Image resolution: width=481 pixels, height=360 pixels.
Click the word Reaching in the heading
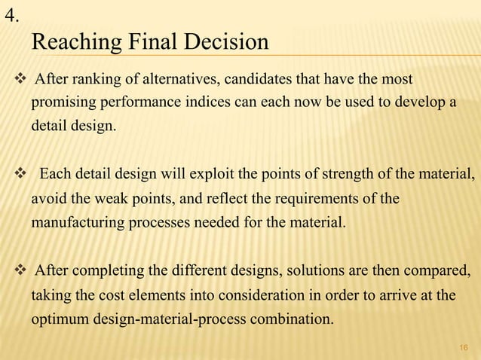tap(78, 42)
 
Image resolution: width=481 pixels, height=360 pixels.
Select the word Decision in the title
tap(225, 41)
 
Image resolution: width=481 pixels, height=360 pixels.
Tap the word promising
tap(62, 102)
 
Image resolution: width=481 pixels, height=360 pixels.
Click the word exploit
tap(228, 176)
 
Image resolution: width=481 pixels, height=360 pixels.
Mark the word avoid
tap(47, 200)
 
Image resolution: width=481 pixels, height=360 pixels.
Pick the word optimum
tap(62, 318)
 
